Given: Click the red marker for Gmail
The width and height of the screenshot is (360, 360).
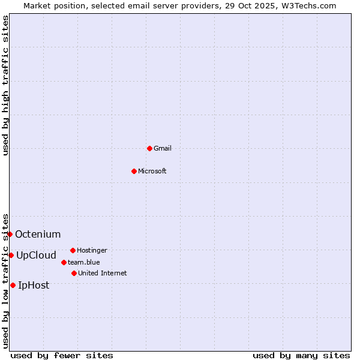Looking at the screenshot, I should (149, 148).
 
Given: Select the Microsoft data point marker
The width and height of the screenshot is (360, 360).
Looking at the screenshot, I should (134, 171).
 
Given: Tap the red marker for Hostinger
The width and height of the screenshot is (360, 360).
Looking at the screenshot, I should (73, 250).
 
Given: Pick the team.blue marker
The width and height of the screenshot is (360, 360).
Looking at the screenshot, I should (64, 262).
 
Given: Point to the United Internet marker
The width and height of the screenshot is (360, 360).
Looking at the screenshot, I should (74, 273).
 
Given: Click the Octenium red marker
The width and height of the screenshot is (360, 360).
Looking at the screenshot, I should (10, 234).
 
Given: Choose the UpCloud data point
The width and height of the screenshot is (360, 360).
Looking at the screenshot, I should (11, 255).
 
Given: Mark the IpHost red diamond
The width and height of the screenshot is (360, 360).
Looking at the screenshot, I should (13, 285).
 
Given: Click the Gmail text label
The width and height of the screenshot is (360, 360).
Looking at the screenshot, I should (163, 148).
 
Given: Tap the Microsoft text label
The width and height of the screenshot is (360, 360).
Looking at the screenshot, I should (152, 171).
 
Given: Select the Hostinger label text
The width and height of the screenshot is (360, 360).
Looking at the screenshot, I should (92, 250).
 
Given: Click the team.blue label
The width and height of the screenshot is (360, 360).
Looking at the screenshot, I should (84, 262).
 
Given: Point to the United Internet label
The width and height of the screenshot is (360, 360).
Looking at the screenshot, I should (103, 273).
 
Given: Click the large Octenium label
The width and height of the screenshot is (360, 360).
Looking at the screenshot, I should (38, 234).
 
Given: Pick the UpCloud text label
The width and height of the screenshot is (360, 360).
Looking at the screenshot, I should (36, 255).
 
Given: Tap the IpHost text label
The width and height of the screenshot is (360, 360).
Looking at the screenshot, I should (34, 285).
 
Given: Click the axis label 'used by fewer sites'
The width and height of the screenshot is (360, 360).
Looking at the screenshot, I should (62, 355).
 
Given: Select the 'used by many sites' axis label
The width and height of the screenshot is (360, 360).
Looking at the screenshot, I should (301, 355).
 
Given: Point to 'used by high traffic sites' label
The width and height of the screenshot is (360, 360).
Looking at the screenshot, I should (5, 85).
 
